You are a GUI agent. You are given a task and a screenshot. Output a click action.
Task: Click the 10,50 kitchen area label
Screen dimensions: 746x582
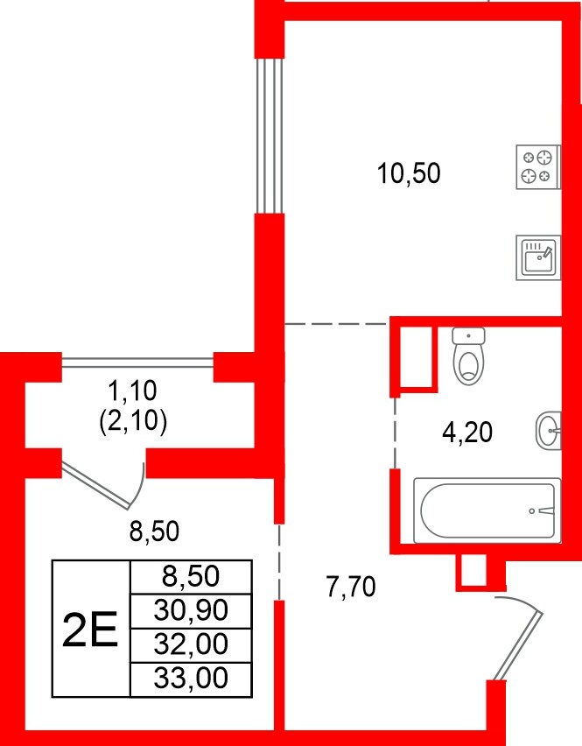[408, 173]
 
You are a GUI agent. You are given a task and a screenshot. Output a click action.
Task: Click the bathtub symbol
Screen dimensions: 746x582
[487, 510]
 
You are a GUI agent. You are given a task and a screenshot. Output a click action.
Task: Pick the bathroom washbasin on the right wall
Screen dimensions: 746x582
[549, 429]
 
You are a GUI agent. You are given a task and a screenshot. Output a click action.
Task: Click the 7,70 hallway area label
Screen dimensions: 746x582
[350, 587]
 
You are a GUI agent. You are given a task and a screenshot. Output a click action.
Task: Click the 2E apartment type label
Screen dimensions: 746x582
[91, 629]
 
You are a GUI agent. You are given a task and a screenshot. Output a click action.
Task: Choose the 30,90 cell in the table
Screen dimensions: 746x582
[190, 609]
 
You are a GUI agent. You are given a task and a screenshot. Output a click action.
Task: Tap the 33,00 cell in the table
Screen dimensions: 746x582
[190, 678]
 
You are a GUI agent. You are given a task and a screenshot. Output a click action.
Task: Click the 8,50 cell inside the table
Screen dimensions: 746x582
[190, 575]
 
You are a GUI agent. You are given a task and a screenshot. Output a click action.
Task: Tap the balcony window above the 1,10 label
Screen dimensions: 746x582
[137, 360]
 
